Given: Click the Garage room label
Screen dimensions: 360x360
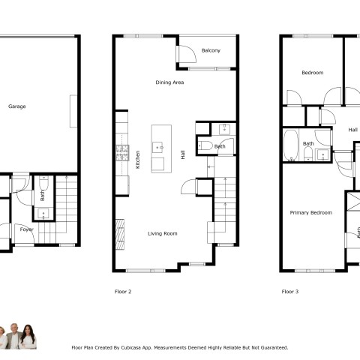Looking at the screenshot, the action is coord(17,106).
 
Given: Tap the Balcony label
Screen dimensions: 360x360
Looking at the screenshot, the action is coord(211,50).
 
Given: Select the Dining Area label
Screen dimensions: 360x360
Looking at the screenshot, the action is coord(169,82).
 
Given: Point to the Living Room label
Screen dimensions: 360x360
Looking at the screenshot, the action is coord(163,233).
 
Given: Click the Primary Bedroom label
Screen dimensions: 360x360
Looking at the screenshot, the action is coord(311,213).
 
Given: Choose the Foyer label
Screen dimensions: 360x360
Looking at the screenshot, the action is coord(26,229).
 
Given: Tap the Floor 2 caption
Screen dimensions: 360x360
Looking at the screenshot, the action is coord(123,292).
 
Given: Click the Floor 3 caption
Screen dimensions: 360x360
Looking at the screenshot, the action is coord(290,292).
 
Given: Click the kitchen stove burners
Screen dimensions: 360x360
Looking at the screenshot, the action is coord(122,153).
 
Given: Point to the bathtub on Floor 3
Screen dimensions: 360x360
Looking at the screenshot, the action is coord(291,145).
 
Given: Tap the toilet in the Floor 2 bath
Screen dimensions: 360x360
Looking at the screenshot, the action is coord(205,145).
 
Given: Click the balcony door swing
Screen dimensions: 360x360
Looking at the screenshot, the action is coord(187,54).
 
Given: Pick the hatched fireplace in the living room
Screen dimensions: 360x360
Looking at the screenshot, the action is coord(120,234).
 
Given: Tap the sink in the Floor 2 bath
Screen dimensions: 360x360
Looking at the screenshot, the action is coord(224,129).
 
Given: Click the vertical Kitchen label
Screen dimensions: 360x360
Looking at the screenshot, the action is coord(137,160).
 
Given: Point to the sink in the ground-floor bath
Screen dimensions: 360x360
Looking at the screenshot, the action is coord(43,214).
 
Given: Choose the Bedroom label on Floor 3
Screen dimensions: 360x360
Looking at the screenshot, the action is coord(313,73).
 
